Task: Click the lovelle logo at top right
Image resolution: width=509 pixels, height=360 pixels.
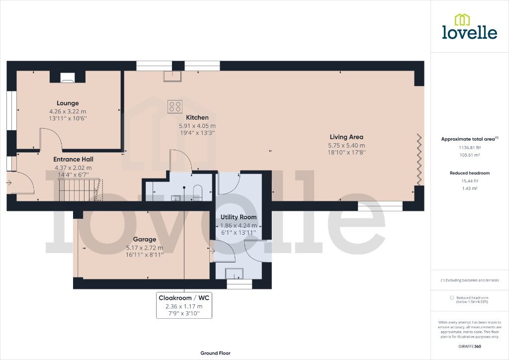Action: click(469, 27)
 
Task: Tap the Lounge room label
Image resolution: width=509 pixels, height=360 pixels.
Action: click(67, 103)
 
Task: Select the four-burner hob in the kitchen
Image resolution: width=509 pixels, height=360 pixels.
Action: click(175, 106)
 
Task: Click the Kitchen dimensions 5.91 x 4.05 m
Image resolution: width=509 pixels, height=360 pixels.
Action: click(197, 126)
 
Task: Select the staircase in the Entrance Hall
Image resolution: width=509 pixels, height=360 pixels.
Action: click(80, 190)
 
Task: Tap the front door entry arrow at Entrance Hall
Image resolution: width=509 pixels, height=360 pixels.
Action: click(9, 182)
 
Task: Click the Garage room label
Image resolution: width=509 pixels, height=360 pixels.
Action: click(144, 239)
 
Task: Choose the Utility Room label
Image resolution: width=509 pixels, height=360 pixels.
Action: click(239, 217)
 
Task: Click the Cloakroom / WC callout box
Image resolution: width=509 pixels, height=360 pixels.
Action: click(184, 305)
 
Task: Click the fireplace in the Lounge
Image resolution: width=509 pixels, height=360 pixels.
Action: click(67, 77)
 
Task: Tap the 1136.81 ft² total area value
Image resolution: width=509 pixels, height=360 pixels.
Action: click(469, 148)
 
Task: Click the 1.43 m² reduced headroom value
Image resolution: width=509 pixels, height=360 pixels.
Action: click(469, 189)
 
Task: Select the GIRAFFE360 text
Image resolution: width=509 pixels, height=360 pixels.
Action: click(469, 346)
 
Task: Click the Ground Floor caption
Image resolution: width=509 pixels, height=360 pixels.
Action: click(215, 353)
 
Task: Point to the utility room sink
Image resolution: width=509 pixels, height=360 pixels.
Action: click(233, 274)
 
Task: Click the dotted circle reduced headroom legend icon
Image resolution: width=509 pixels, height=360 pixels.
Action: click(452, 297)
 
